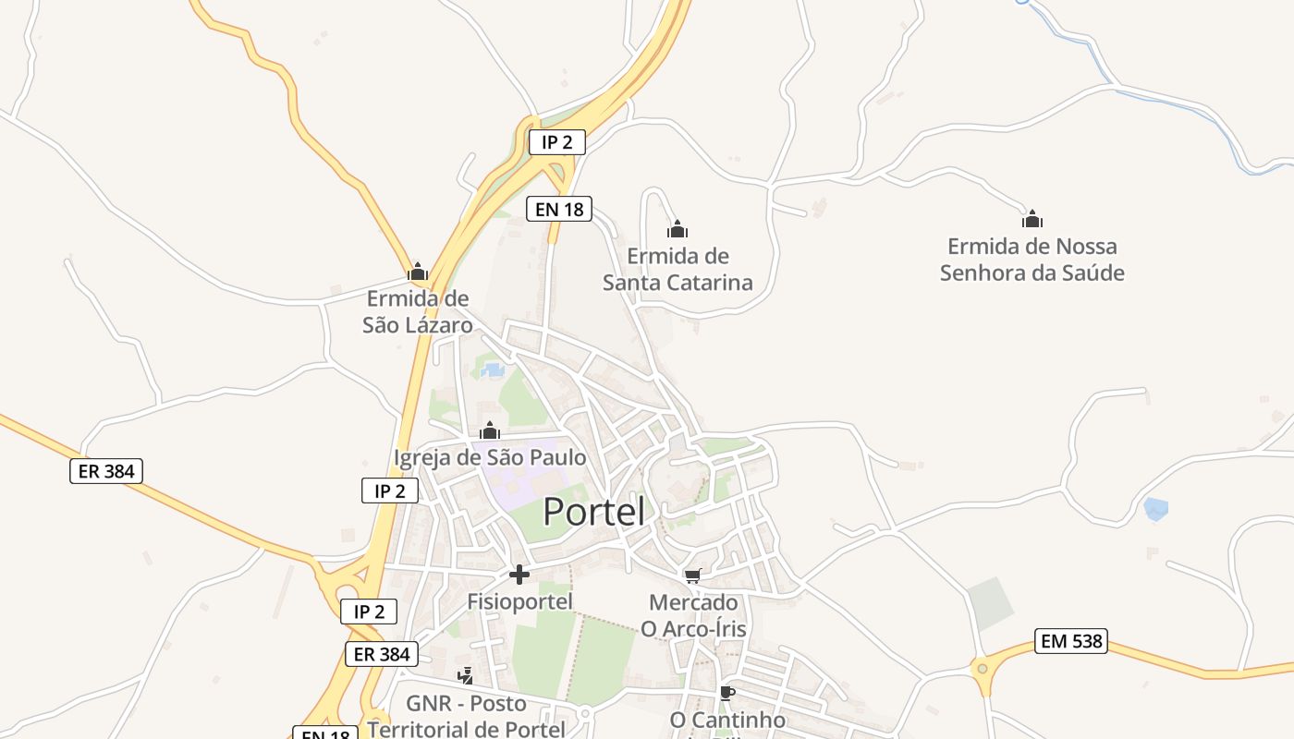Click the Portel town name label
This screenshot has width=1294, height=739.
(x=593, y=511)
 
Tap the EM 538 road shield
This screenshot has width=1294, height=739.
(x=1071, y=641)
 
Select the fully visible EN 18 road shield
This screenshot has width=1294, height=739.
(x=558, y=209)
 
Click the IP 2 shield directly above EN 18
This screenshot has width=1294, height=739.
(x=556, y=142)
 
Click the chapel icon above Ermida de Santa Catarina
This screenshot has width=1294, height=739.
(x=678, y=229)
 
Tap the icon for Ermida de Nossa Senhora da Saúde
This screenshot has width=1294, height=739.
(x=1032, y=219)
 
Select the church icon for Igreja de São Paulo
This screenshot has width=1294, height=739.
(x=490, y=430)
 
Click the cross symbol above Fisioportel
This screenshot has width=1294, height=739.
(x=519, y=575)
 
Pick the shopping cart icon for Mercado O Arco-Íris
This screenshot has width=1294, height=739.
(x=693, y=575)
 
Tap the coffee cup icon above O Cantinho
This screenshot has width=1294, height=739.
(x=727, y=692)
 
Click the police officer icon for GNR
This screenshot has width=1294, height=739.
(x=466, y=676)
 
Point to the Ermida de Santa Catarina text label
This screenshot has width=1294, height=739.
(x=678, y=269)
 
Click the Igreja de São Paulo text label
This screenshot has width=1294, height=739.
(x=490, y=457)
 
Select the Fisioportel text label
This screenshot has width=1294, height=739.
(x=519, y=601)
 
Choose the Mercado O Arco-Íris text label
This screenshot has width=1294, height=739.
(x=693, y=615)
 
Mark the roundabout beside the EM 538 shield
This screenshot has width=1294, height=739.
(x=982, y=666)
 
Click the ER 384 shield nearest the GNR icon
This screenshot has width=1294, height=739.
(x=382, y=654)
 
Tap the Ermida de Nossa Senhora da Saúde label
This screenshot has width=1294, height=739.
(x=1032, y=260)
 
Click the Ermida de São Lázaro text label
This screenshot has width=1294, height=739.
(x=418, y=311)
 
